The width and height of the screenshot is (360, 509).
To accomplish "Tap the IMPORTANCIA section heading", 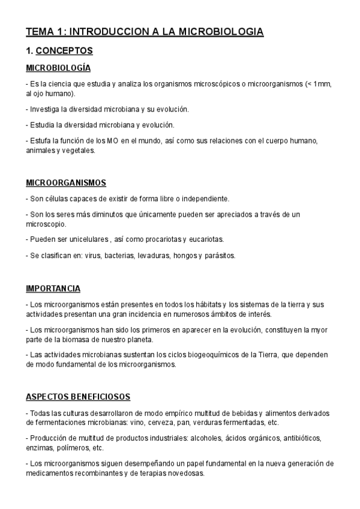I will pos(53,289).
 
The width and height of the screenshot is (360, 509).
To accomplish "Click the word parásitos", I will pos(219,255).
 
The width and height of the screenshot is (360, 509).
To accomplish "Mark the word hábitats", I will pos(207,304).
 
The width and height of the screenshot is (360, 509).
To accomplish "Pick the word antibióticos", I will pos(301,438).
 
